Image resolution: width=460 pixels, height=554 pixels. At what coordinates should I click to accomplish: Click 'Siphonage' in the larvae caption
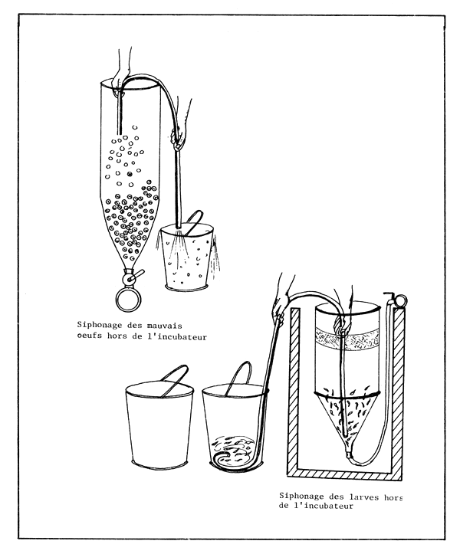[304, 497]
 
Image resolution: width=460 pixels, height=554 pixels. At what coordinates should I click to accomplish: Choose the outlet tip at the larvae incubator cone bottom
[347, 454]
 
